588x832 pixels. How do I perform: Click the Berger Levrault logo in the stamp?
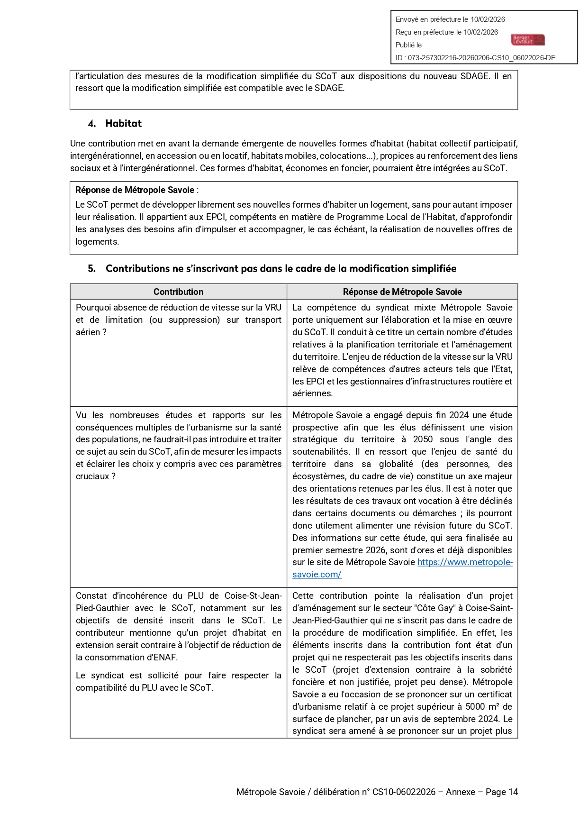528,40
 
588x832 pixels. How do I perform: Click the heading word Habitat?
123,124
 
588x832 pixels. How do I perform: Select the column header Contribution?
178,292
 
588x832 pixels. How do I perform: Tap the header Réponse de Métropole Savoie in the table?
402,292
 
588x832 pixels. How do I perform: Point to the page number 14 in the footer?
513,792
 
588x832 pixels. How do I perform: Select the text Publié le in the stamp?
408,45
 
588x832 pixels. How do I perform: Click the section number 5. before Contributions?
91,269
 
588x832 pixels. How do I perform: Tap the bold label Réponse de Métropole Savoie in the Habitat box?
135,190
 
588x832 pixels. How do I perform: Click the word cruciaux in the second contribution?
92,476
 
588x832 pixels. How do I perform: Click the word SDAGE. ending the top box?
329,88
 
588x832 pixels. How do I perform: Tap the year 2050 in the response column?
423,439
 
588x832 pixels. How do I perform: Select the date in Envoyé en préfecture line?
488,19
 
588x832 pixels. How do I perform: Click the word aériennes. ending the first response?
312,393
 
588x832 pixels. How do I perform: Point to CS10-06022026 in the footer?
404,792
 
